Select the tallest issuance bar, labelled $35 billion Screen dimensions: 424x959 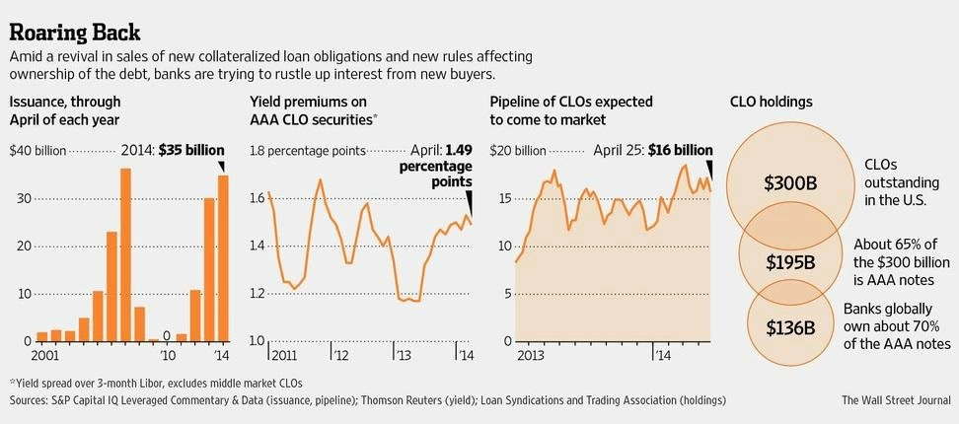tap(223, 258)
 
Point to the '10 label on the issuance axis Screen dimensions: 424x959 tap(168, 354)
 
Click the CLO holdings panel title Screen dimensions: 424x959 tap(772, 102)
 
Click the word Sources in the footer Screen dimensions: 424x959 tap(31, 400)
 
